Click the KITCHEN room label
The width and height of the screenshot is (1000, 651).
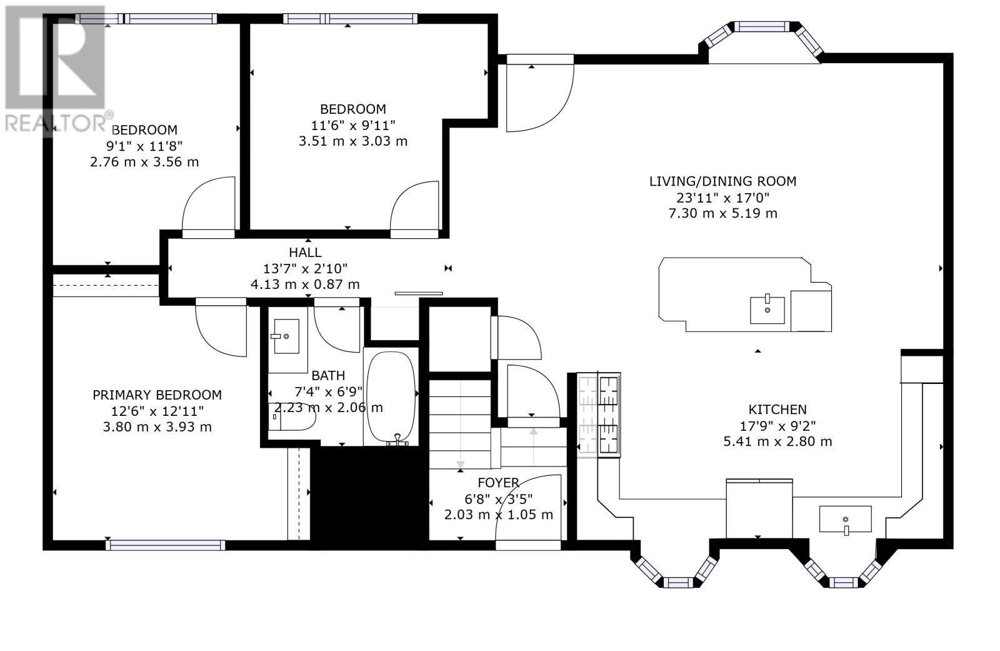tap(777, 409)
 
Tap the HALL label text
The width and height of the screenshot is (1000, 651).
tap(305, 253)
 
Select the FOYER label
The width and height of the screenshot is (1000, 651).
tap(498, 483)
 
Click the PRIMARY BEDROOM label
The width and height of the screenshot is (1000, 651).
tap(157, 395)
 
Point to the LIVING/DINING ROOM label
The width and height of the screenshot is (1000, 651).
tap(722, 181)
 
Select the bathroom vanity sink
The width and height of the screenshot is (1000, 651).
tap(286, 336)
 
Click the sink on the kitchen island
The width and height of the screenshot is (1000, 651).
tap(767, 310)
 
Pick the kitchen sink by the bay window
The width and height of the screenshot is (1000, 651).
tap(845, 519)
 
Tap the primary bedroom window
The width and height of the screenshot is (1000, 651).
tap(166, 545)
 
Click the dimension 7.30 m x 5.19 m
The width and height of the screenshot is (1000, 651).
tap(722, 213)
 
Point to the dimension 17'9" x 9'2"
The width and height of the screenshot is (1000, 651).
tap(777, 426)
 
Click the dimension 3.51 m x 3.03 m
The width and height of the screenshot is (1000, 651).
tap(352, 141)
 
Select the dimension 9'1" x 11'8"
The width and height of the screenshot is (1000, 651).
tap(144, 146)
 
